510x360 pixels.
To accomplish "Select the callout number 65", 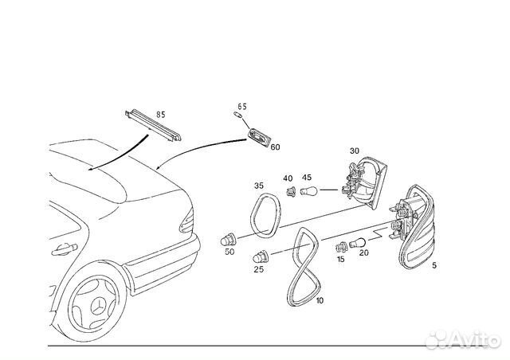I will coord(242,106).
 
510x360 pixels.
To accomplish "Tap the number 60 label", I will coord(275,147).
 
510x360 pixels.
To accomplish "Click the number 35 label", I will coord(259,186).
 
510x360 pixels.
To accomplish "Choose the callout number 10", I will coord(320,300).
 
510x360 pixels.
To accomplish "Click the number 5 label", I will coord(433,267).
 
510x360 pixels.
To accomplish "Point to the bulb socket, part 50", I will coord(229,239).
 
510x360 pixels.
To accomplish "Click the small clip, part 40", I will coord(291,191).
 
